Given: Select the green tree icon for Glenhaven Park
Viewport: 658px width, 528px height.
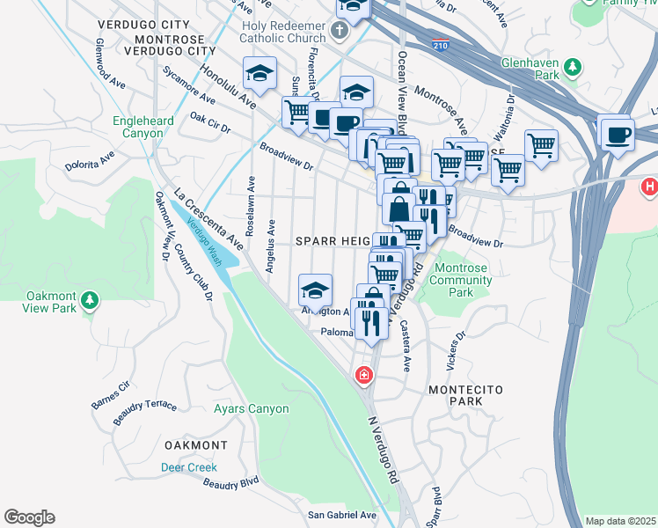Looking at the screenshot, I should click(x=573, y=66).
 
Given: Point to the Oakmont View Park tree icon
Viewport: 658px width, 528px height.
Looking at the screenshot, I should click(x=89, y=302).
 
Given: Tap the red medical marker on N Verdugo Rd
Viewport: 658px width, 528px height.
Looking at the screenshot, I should click(x=362, y=377).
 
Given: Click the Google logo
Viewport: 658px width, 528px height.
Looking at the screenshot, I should click(x=29, y=517).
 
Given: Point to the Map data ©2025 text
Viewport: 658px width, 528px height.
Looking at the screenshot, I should click(x=620, y=521).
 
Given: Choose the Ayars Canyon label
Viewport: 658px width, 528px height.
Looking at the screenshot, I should click(x=251, y=409).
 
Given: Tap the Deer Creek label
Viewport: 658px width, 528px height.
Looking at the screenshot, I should click(x=189, y=467).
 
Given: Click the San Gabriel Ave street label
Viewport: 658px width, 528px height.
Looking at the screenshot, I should click(x=341, y=515).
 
